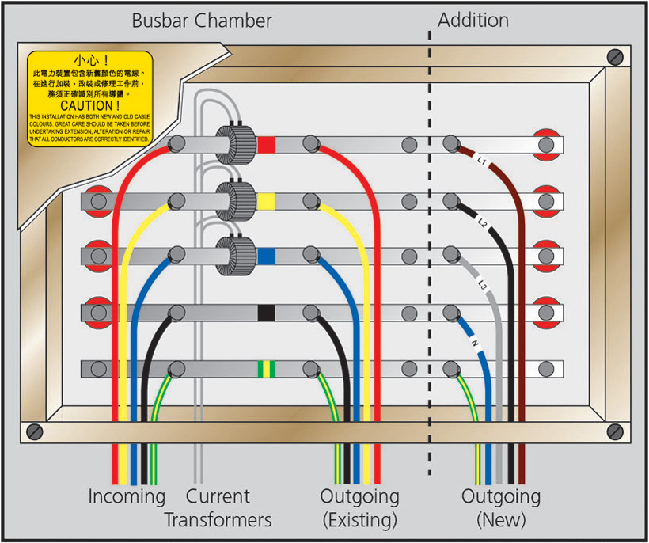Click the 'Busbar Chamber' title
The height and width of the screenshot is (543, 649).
[202, 21]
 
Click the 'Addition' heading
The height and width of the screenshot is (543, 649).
[473, 21]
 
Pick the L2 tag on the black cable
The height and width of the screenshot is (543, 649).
[483, 222]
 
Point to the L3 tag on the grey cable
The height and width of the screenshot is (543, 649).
[482, 283]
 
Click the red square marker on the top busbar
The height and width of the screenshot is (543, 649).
[267, 145]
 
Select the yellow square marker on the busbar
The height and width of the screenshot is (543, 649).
[267, 201]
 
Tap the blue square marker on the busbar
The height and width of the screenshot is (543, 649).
[267, 256]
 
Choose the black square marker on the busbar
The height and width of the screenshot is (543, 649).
[267, 313]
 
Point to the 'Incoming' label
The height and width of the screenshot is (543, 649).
[127, 497]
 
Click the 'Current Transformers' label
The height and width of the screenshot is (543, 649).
[218, 508]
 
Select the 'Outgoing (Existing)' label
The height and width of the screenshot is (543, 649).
[359, 508]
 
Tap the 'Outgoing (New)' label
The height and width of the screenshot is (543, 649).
[501, 508]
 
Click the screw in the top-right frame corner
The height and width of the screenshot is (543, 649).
[615, 58]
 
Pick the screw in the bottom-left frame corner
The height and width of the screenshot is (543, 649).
[34, 431]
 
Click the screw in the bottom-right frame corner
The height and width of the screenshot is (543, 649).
[615, 431]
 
